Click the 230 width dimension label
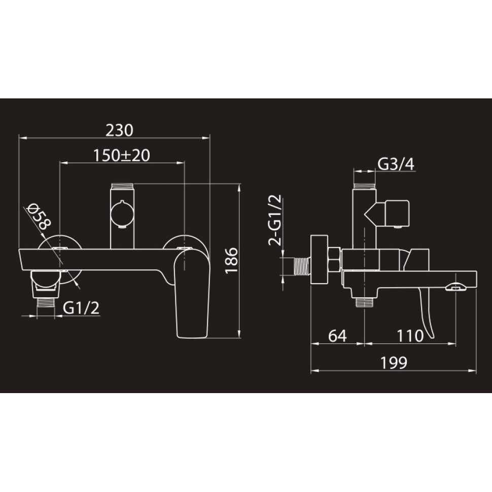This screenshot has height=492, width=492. pyautogui.click(x=119, y=130)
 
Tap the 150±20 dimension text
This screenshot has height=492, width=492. pyautogui.click(x=122, y=155)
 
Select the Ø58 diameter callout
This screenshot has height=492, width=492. pyautogui.click(x=39, y=217)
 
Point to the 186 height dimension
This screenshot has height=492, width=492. pyautogui.click(x=232, y=260)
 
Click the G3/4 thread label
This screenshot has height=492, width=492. pyautogui.click(x=396, y=164)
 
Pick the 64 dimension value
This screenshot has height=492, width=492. pyautogui.click(x=338, y=336)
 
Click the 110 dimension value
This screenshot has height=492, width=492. pyautogui.click(x=410, y=336)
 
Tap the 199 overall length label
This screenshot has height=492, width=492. pyautogui.click(x=394, y=363)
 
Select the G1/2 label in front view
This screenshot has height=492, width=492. pyautogui.click(x=81, y=308)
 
